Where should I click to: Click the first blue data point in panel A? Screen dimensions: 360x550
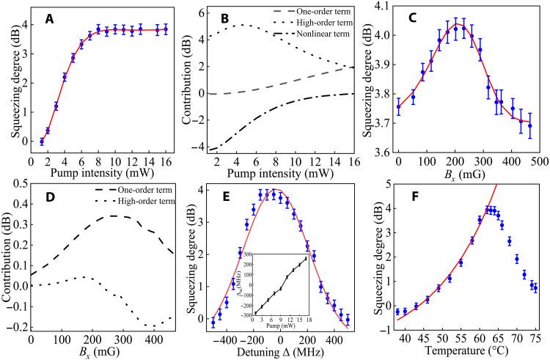[42, 141]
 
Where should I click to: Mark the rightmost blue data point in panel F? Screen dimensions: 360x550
[535, 288]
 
